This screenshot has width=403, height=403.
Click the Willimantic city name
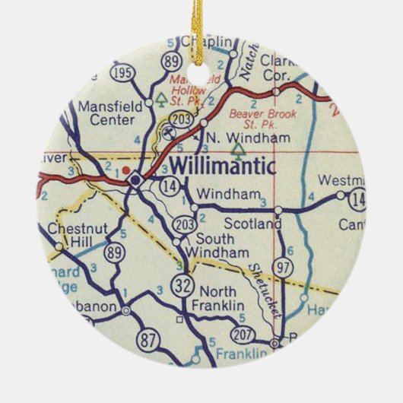click(218, 163)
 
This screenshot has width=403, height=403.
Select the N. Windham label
click(237, 138)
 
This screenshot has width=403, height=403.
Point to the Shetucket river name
click(262, 281)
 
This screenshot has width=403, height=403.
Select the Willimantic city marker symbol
click(135, 180)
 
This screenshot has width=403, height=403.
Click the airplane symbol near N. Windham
click(174, 130)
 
